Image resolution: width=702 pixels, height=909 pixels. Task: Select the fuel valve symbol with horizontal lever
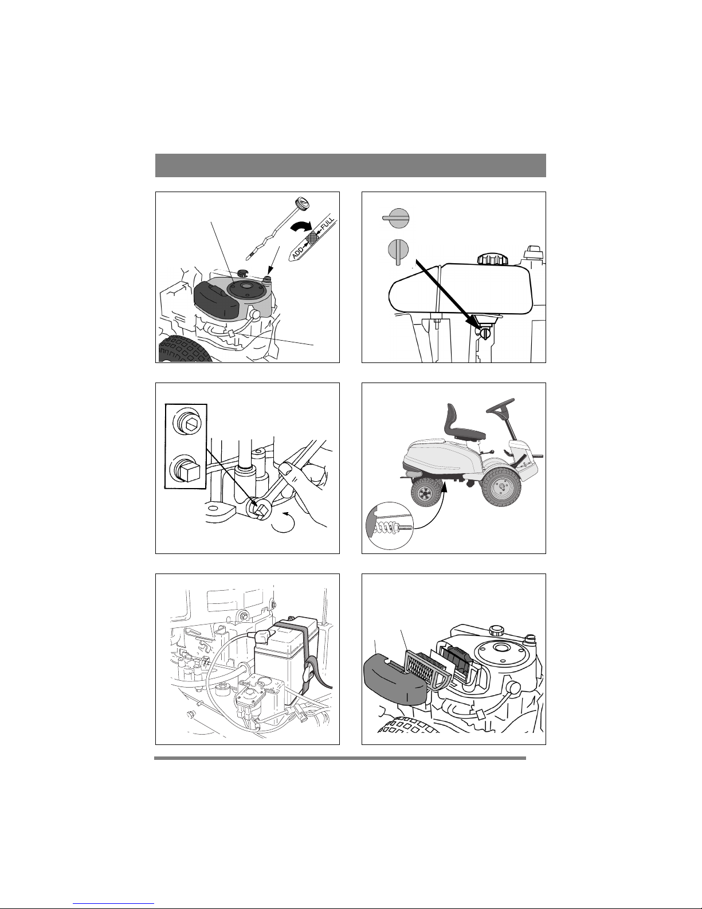[396, 218]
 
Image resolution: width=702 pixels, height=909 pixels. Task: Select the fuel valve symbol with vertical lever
[398, 252]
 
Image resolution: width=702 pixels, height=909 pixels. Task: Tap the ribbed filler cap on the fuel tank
[493, 258]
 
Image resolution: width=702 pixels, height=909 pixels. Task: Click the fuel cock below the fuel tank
[485, 334]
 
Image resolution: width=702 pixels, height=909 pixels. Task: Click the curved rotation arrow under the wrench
[283, 522]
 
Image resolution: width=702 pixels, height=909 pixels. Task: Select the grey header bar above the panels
[351, 165]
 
